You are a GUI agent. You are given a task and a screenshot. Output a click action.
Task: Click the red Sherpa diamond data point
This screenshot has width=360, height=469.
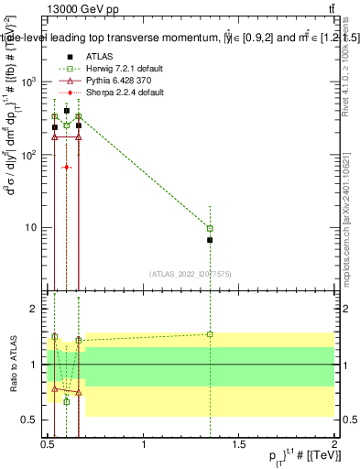tap(67, 168)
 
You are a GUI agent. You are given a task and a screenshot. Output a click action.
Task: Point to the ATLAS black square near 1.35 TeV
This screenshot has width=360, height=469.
tap(210, 240)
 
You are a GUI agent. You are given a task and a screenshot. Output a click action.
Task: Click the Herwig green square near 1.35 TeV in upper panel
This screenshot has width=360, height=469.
tap(210, 228)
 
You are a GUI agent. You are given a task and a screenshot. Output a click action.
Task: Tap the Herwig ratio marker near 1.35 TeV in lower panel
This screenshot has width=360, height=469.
tap(210, 334)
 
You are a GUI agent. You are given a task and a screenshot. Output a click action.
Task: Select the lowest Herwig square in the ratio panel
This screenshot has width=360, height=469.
tap(67, 401)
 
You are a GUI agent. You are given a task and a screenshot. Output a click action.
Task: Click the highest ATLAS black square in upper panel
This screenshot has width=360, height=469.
tap(67, 111)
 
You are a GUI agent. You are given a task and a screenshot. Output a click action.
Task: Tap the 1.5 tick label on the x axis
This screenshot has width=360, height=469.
tap(239, 444)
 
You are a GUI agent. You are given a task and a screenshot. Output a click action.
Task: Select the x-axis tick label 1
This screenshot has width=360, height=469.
tap(144, 444)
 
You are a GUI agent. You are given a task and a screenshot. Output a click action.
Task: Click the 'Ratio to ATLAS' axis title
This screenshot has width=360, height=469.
tap(12, 365)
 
